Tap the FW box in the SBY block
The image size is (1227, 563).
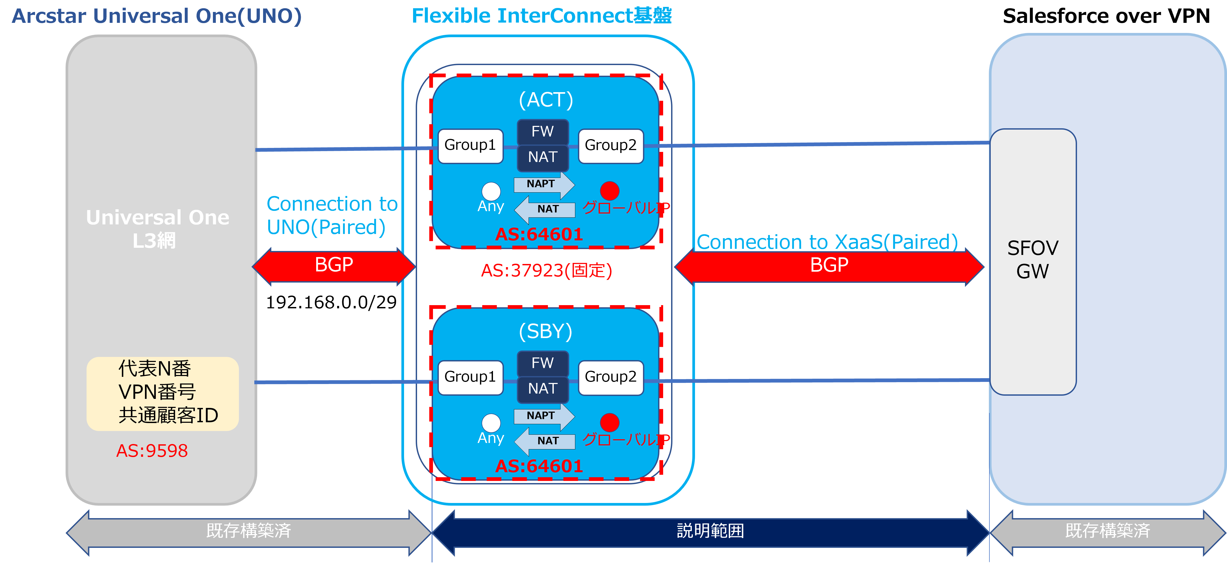(543, 363)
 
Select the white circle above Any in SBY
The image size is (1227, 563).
(491, 423)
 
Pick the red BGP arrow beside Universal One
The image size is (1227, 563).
(334, 266)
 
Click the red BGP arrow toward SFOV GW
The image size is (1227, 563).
(829, 266)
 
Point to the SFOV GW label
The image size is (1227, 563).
(1033, 259)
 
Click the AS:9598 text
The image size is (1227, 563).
(152, 451)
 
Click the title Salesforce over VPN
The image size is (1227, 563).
(1106, 16)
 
